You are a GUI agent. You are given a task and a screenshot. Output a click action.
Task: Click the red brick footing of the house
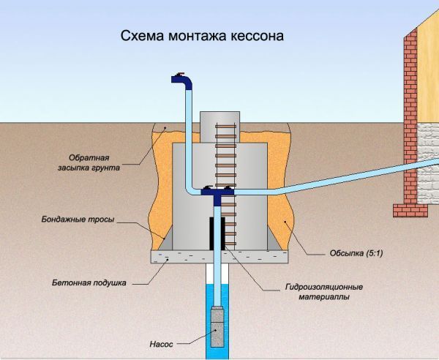click(x=410, y=211)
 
